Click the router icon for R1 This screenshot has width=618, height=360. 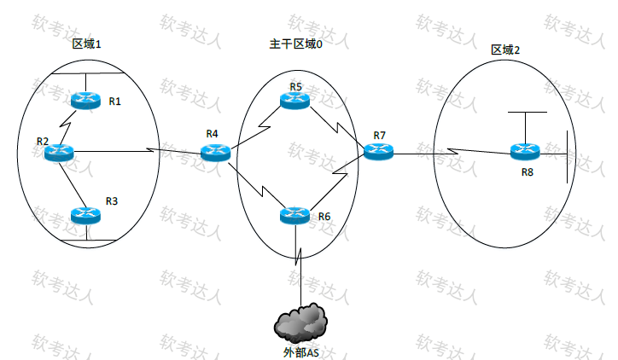point(85,101)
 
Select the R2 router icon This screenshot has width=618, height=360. point(59,153)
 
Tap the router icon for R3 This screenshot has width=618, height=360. point(85,215)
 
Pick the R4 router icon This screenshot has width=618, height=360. point(215,153)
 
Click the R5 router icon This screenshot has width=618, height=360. point(294,101)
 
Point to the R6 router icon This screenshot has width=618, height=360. point(294,215)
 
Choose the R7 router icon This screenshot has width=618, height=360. point(378,151)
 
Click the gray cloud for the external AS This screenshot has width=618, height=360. point(301,322)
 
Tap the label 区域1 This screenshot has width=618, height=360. point(87,44)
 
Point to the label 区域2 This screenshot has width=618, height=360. point(505,49)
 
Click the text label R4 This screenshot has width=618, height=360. point(213,134)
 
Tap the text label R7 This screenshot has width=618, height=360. point(379,136)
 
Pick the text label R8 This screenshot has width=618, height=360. point(528,173)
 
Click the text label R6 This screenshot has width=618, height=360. point(324,217)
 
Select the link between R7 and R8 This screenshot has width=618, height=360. point(452,154)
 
